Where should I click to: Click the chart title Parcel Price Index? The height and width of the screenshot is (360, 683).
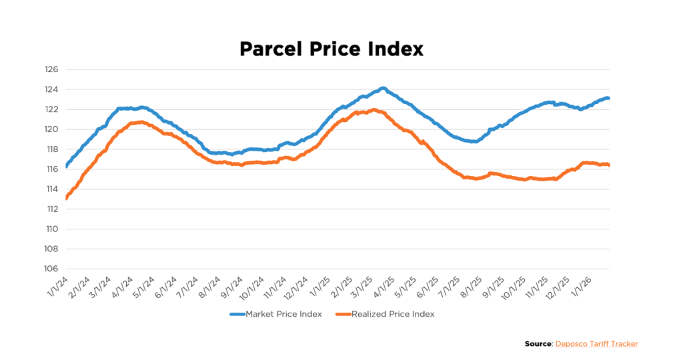click(x=331, y=49)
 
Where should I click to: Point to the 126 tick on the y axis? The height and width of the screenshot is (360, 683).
click(x=52, y=69)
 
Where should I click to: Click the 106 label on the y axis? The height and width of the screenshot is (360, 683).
click(x=52, y=269)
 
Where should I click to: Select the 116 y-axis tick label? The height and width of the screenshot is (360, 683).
click(x=52, y=169)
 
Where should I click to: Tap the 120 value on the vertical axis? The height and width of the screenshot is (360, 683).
click(x=52, y=129)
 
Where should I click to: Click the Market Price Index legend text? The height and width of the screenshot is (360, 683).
click(x=283, y=313)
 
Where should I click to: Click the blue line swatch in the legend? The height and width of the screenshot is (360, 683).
click(x=237, y=313)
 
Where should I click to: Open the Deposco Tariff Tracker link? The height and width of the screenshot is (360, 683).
click(x=596, y=344)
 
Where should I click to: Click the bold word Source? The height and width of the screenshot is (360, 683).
click(x=538, y=344)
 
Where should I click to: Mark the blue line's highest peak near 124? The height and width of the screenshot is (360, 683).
click(x=383, y=88)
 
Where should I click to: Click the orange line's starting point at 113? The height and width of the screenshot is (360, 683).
click(x=67, y=198)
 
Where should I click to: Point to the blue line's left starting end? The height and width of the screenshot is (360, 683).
click(x=67, y=165)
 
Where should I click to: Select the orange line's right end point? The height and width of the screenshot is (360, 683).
click(x=609, y=165)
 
